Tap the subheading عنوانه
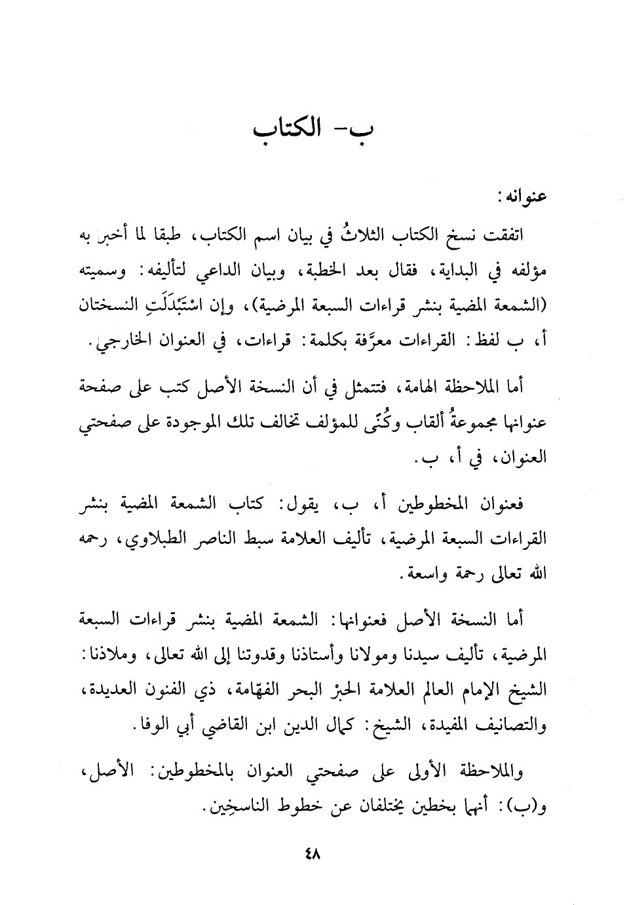pyautogui.click(x=524, y=197)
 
